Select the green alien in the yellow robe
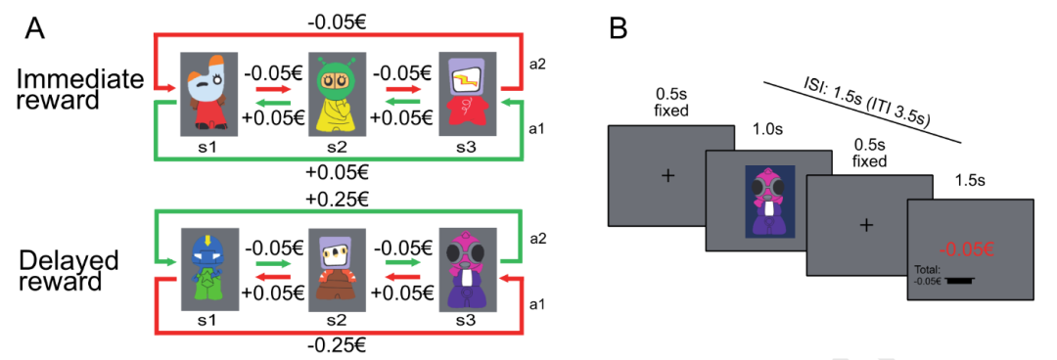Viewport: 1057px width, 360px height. pyautogui.click(x=335, y=97)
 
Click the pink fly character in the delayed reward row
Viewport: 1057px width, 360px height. pyautogui.click(x=467, y=270)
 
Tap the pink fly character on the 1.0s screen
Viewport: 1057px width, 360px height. pyautogui.click(x=768, y=201)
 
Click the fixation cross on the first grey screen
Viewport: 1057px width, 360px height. pyautogui.click(x=668, y=175)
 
